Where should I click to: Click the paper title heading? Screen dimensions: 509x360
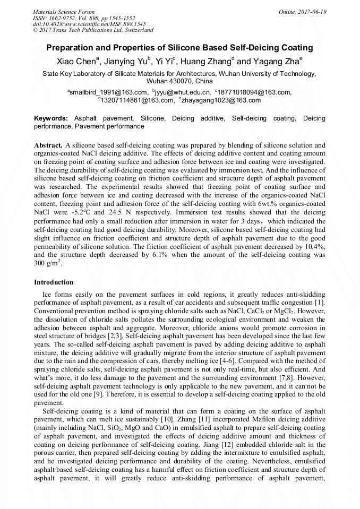coord(179,48)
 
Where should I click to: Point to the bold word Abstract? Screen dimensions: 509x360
coord(47,145)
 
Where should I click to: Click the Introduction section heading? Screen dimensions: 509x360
coord(54,282)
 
